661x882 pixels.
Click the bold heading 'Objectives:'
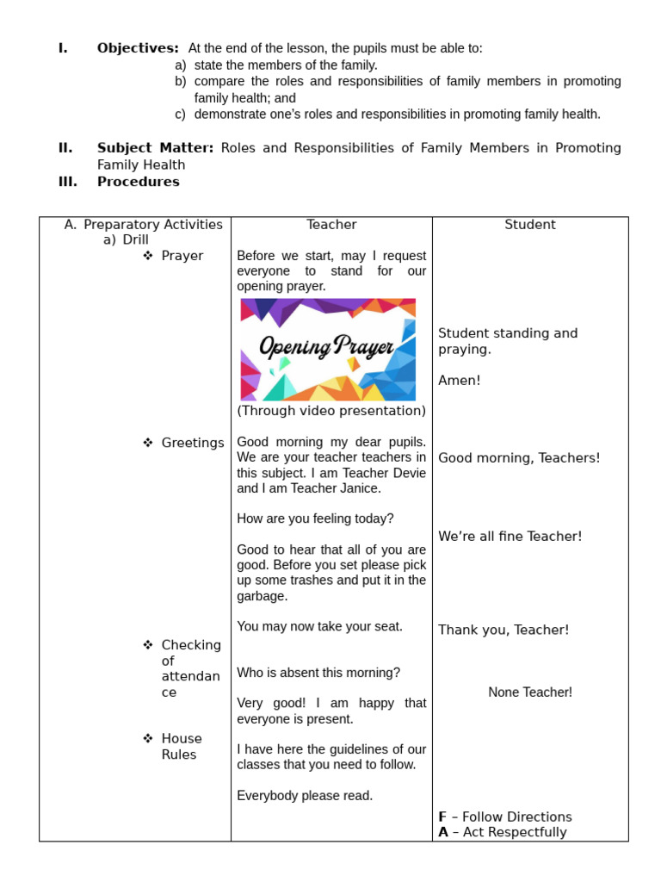pyautogui.click(x=138, y=48)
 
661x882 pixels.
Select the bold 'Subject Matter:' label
pyautogui.click(x=155, y=148)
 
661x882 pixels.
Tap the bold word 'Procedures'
pyautogui.click(x=138, y=182)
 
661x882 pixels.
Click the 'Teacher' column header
pyautogui.click(x=331, y=225)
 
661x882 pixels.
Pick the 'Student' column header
pyautogui.click(x=530, y=225)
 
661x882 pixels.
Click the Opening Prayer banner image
pyautogui.click(x=328, y=350)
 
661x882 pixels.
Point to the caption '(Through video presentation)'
pyautogui.click(x=331, y=411)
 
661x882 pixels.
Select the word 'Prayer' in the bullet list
pyautogui.click(x=182, y=256)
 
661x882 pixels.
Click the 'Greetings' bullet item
pyautogui.click(x=193, y=443)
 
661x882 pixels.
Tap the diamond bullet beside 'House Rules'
pyautogui.click(x=147, y=738)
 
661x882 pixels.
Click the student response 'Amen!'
pyautogui.click(x=460, y=380)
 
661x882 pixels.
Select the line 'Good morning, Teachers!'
pyautogui.click(x=519, y=458)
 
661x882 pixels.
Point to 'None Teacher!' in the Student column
pyautogui.click(x=530, y=693)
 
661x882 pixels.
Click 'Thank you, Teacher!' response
pyautogui.click(x=503, y=630)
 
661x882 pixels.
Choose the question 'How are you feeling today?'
pyautogui.click(x=315, y=519)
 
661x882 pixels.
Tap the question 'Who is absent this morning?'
pyautogui.click(x=318, y=673)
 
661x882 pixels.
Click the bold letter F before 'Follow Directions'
pyautogui.click(x=442, y=817)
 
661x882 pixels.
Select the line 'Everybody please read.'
pyautogui.click(x=305, y=796)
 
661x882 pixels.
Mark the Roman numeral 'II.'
pyautogui.click(x=65, y=148)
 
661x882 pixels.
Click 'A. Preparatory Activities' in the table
pyautogui.click(x=144, y=225)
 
